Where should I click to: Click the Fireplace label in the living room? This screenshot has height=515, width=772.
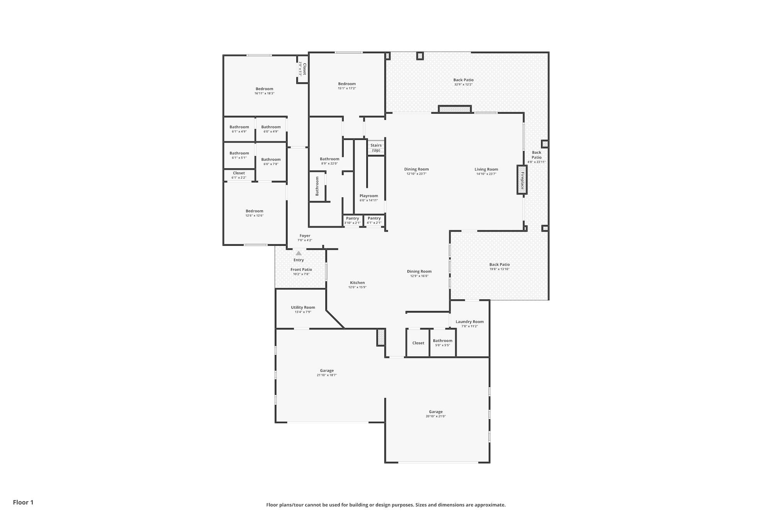click(522, 180)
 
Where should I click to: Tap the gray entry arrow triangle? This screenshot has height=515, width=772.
click(298, 253)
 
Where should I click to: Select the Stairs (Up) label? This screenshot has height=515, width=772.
click(376, 148)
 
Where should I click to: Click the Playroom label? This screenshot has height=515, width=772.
click(369, 196)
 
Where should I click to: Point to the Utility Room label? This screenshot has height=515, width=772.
click(303, 308)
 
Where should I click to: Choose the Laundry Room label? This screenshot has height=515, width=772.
click(469, 321)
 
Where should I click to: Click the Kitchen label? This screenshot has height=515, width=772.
click(357, 282)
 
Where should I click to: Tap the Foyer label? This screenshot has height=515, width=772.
click(305, 236)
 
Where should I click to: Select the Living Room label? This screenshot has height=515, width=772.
click(486, 169)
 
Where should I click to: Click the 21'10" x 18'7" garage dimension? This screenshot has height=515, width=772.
click(327, 375)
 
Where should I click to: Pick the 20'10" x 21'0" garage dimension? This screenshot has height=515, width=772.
click(435, 416)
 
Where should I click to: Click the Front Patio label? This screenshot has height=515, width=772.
click(301, 269)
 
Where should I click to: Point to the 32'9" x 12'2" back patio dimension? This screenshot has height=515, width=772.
click(463, 84)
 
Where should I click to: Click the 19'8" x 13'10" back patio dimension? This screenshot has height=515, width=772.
click(499, 269)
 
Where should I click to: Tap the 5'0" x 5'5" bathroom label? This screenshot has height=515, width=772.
click(442, 343)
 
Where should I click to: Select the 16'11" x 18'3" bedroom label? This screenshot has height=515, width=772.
click(264, 91)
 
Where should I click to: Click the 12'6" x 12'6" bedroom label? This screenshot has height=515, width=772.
click(254, 213)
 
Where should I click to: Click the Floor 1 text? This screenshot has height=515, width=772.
click(23, 502)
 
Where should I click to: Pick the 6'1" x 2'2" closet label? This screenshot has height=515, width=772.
click(239, 175)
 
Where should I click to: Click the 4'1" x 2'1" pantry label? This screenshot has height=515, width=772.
click(374, 220)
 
